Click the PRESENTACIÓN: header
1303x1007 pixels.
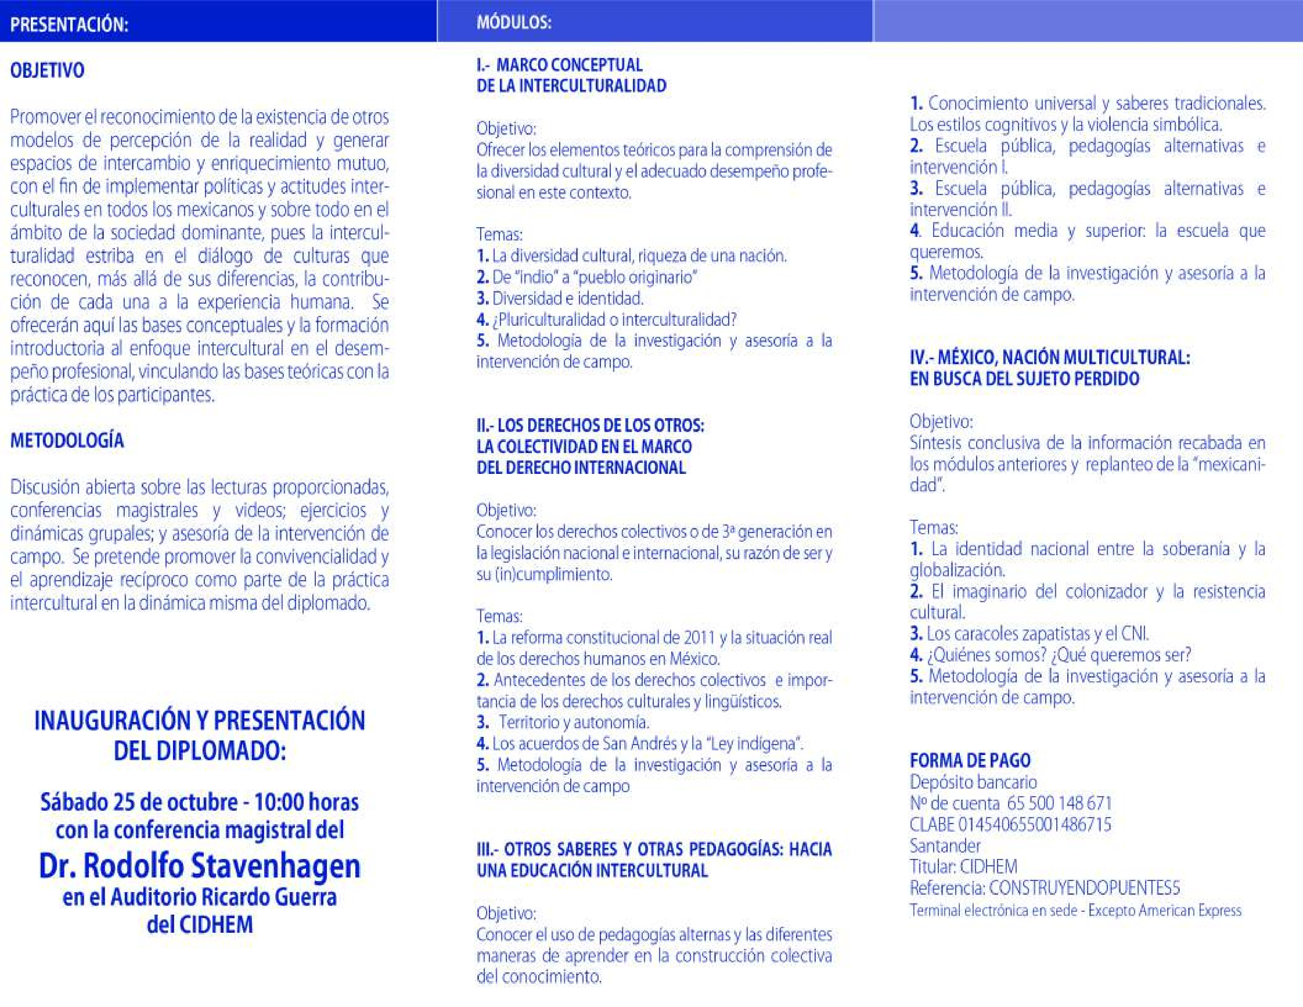point(69,24)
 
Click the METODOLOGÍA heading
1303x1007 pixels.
point(67,440)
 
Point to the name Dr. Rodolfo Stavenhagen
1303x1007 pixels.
point(199,866)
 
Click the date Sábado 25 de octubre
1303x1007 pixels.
point(140,802)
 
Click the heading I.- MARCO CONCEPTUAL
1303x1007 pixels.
point(559,64)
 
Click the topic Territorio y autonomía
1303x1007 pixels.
point(573,722)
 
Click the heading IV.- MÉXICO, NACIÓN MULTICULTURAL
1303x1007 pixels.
point(1050,357)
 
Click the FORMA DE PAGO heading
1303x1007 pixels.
point(970,760)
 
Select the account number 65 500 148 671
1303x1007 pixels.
point(1059,803)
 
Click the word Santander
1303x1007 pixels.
point(945,845)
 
